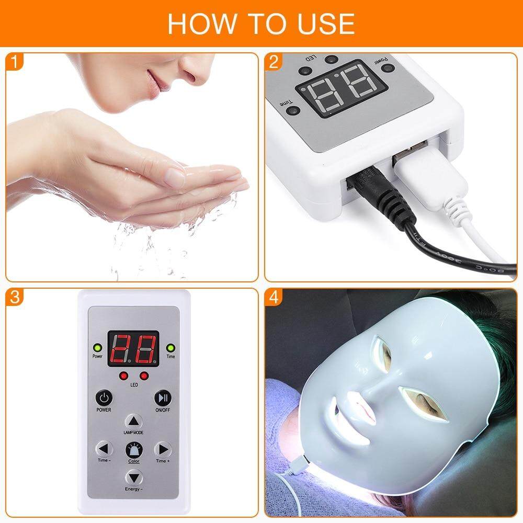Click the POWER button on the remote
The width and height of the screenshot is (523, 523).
pyautogui.click(x=104, y=397)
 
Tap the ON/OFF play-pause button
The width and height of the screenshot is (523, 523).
pyautogui.click(x=163, y=397)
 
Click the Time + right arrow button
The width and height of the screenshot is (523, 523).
pyautogui.click(x=163, y=449)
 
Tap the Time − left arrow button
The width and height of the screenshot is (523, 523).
pyautogui.click(x=104, y=449)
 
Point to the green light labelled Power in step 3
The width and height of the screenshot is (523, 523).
pyautogui.click(x=97, y=348)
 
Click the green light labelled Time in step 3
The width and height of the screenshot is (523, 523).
pyautogui.click(x=170, y=348)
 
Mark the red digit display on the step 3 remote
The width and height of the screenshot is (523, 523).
pyautogui.click(x=133, y=348)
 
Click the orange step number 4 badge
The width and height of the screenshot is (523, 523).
pyautogui.click(x=274, y=298)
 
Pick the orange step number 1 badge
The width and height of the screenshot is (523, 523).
pyautogui.click(x=15, y=62)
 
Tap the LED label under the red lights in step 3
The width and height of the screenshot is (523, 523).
pyautogui.click(x=133, y=384)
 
